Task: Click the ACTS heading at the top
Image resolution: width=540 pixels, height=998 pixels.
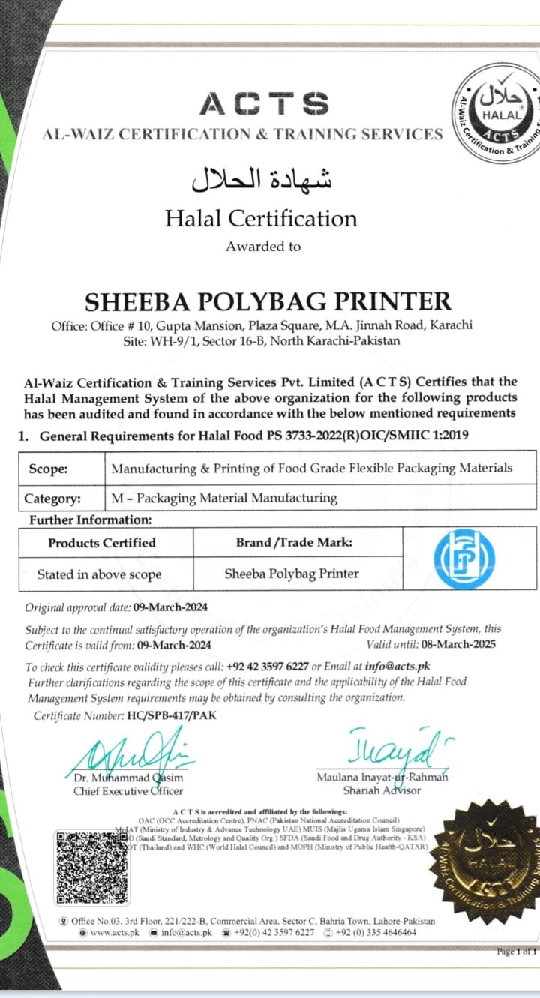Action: (264, 103)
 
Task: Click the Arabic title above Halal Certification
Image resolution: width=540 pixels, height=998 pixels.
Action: (261, 178)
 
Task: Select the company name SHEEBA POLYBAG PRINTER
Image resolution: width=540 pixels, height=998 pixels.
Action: (268, 301)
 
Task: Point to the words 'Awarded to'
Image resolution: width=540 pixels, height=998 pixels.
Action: (263, 246)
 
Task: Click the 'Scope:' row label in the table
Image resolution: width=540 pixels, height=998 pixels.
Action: (48, 469)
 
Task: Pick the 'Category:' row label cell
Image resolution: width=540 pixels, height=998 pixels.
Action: (52, 498)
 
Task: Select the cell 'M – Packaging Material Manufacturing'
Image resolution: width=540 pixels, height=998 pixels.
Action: (224, 498)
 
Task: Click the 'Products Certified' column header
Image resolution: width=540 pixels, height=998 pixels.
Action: (102, 542)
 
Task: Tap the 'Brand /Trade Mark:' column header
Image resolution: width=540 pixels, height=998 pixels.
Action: (294, 542)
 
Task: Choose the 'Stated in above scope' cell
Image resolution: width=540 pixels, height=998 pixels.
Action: (100, 574)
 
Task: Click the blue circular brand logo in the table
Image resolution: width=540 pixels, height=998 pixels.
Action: (464, 559)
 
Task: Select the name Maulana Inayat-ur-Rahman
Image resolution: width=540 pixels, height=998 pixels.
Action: (382, 777)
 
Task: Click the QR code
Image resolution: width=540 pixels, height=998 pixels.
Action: (92, 867)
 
